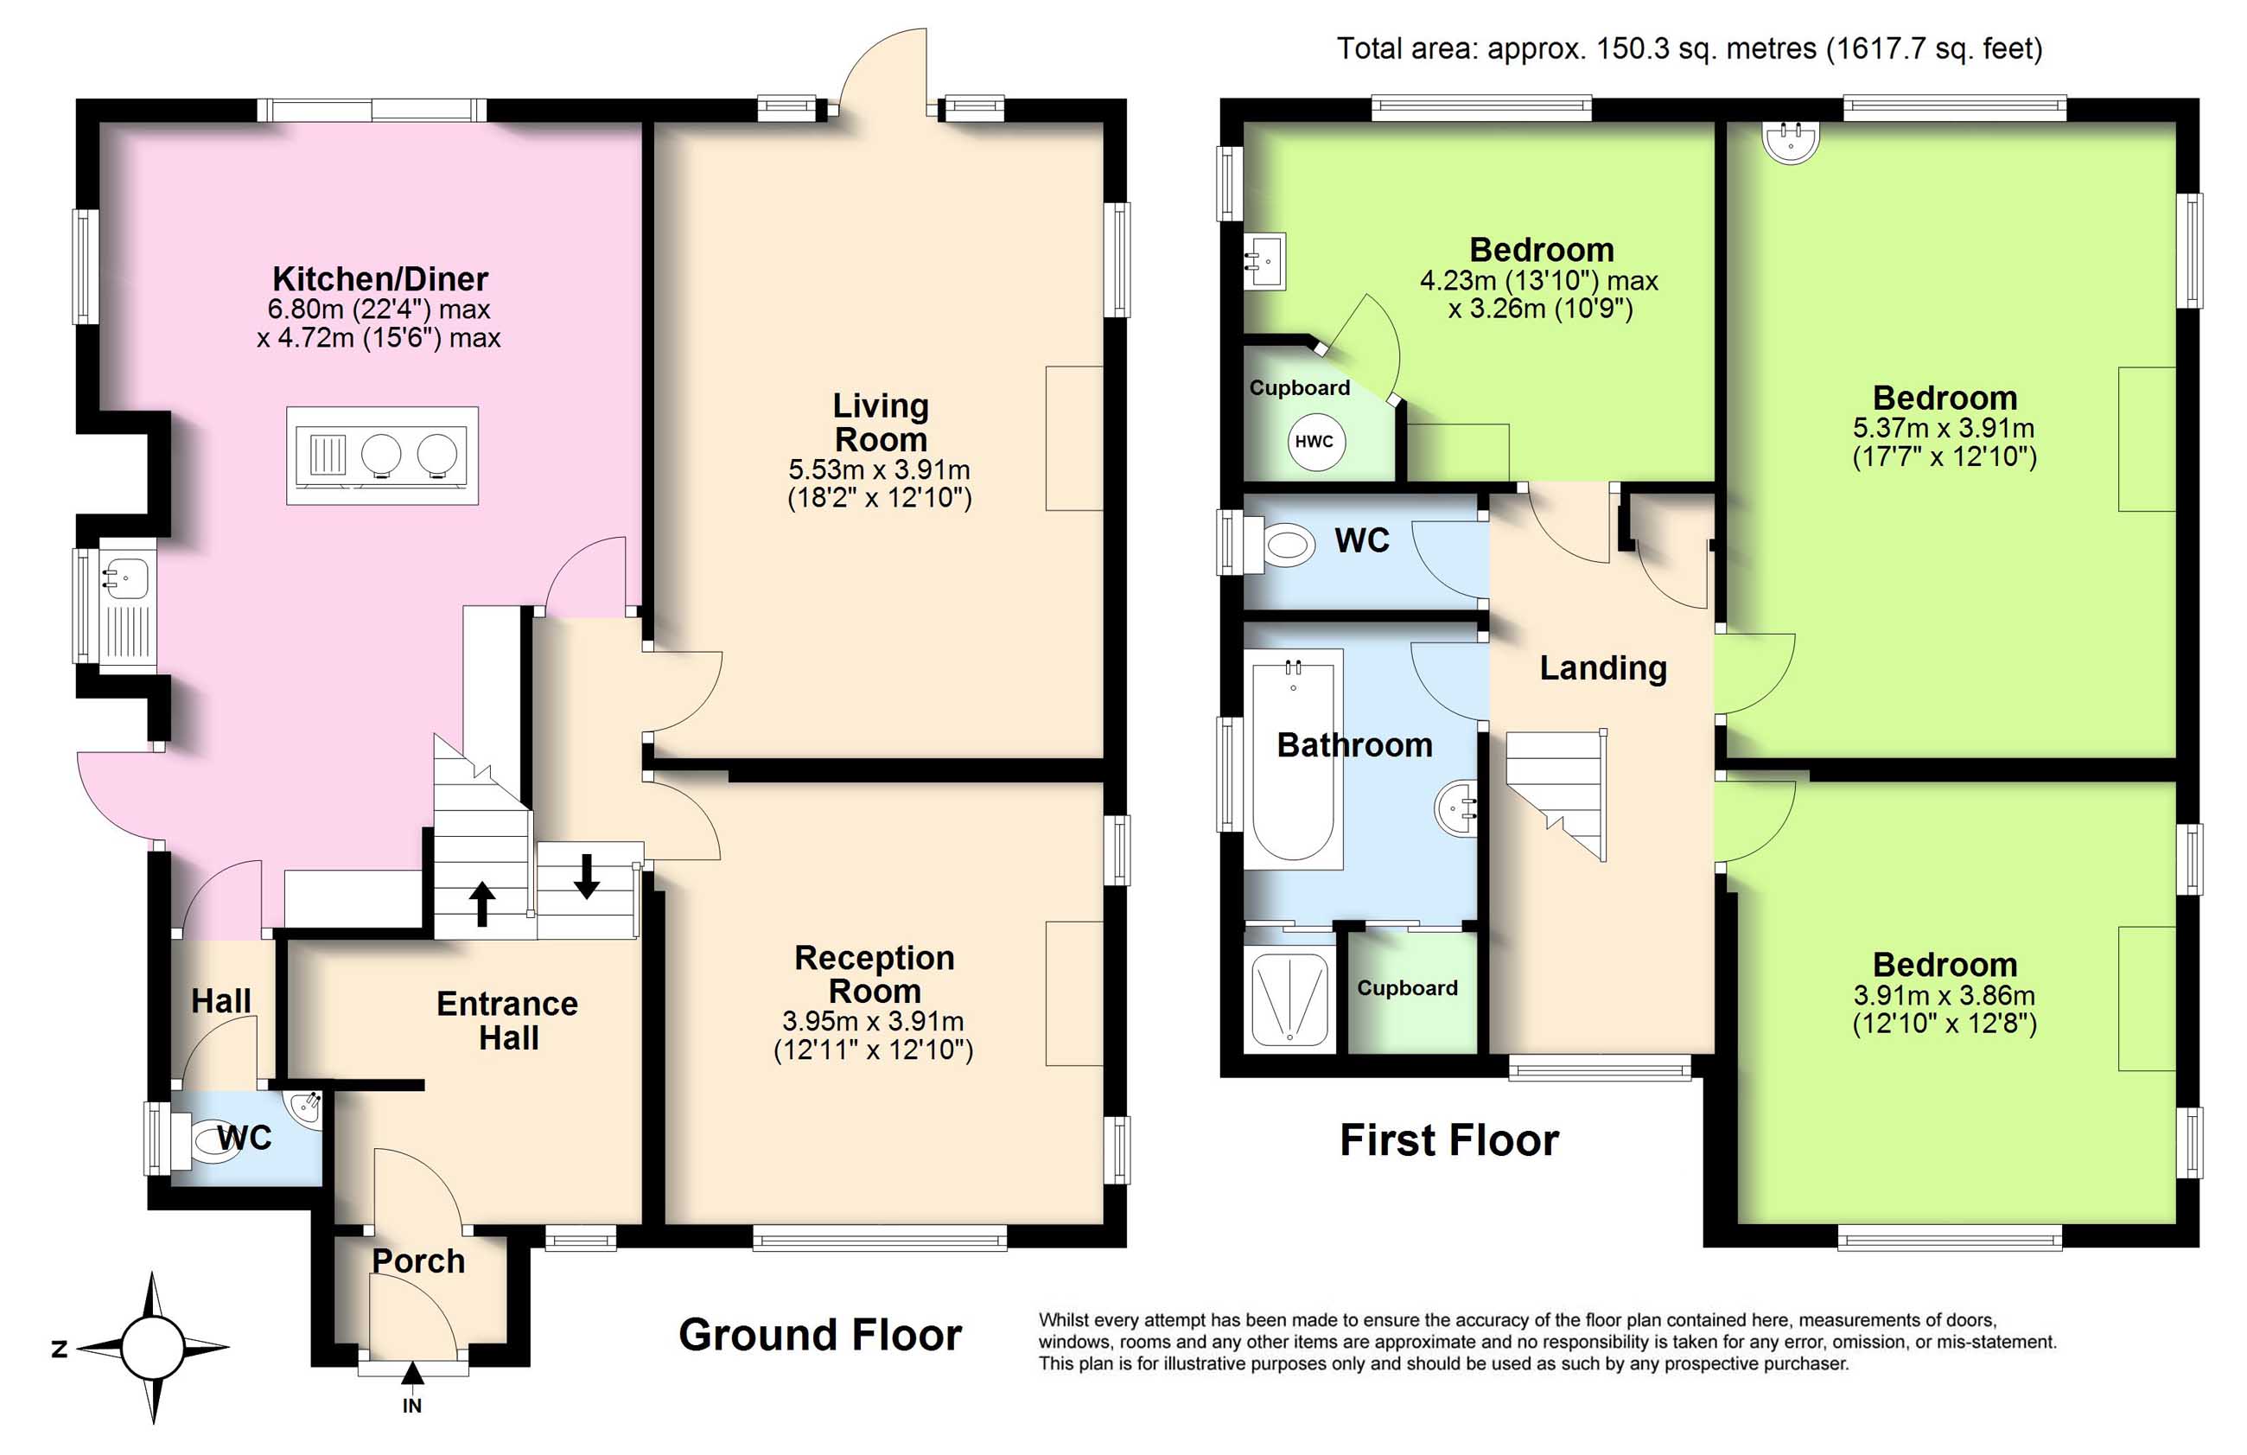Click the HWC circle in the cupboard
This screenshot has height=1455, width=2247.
pyautogui.click(x=1314, y=441)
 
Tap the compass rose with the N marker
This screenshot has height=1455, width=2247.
pyautogui.click(x=153, y=1347)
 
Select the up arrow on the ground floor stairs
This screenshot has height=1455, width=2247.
pyautogui.click(x=482, y=903)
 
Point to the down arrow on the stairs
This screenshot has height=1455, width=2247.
pyautogui.click(x=586, y=875)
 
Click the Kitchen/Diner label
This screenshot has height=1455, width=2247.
pyautogui.click(x=380, y=278)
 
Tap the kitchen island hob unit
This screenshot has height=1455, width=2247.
pyautogui.click(x=382, y=455)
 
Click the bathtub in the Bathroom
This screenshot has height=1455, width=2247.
pyautogui.click(x=1294, y=759)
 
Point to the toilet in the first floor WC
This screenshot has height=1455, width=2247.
pyautogui.click(x=1277, y=545)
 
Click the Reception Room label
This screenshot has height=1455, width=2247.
pyautogui.click(x=875, y=974)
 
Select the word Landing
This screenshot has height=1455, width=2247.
pyautogui.click(x=1603, y=667)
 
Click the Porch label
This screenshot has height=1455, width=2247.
pyautogui.click(x=418, y=1260)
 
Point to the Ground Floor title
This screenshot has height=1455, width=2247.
pyautogui.click(x=820, y=1335)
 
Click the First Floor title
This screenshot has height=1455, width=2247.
pyautogui.click(x=1449, y=1139)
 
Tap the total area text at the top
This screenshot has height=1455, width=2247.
pyautogui.click(x=1689, y=48)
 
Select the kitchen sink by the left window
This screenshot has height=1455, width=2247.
pyautogui.click(x=125, y=609)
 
